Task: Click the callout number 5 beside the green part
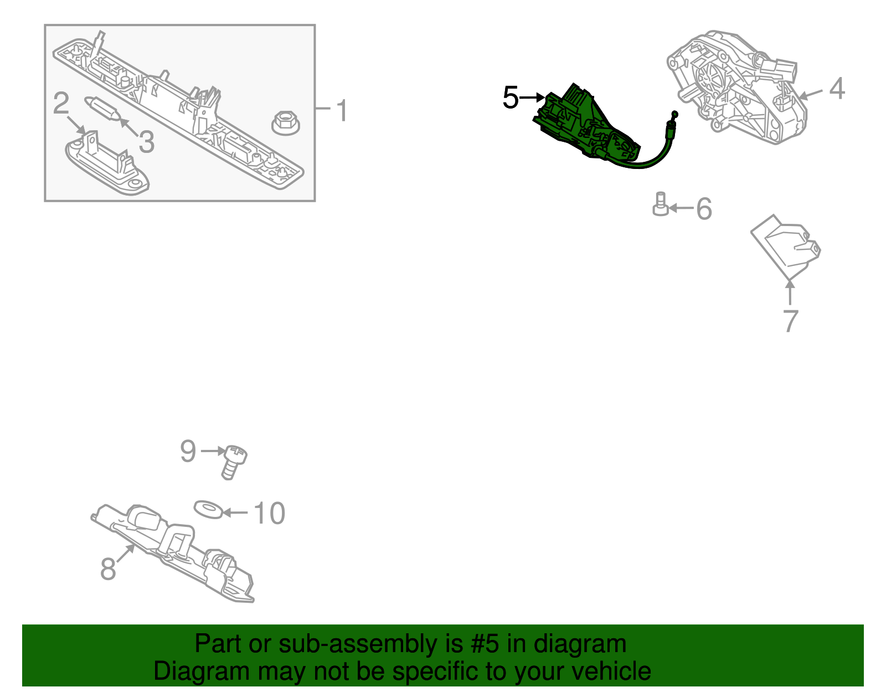click(x=511, y=98)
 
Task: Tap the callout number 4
click(x=837, y=89)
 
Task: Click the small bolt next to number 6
click(x=661, y=204)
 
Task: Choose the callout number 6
click(x=704, y=209)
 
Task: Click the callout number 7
click(x=791, y=321)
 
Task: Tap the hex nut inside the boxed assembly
click(x=285, y=123)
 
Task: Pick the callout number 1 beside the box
click(x=342, y=110)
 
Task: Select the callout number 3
click(x=147, y=142)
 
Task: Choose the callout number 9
click(x=188, y=451)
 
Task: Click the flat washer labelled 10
click(x=208, y=509)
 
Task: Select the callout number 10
click(x=270, y=513)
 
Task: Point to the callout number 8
click(x=108, y=568)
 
